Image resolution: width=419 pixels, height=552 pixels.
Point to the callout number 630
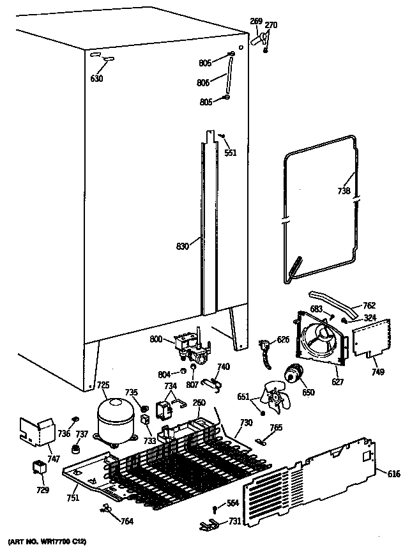click(97, 79)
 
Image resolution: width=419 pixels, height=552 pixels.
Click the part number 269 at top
click(255, 22)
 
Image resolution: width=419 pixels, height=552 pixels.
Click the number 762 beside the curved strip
click(369, 305)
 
